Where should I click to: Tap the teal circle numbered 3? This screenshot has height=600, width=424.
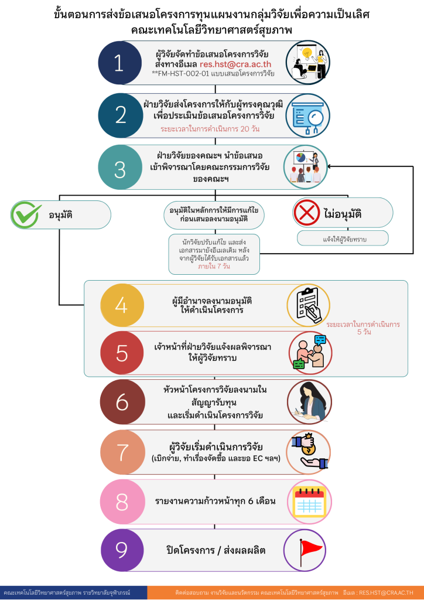pos(120,169)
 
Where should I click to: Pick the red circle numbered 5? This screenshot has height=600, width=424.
pos(122,353)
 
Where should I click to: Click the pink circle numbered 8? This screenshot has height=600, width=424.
pos(122,502)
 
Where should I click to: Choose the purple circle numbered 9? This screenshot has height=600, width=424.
pos(122,550)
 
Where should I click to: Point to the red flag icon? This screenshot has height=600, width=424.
pos(309,550)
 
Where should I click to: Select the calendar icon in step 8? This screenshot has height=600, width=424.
pos(309,502)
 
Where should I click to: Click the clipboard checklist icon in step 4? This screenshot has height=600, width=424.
pos(309,304)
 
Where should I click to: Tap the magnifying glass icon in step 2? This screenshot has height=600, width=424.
pos(313,115)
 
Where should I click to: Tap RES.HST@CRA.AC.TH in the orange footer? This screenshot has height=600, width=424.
pos(389,592)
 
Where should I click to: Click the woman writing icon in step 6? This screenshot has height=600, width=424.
pos(309,402)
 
